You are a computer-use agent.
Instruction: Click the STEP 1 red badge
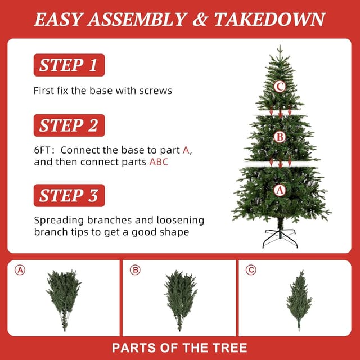pyautogui.click(x=69, y=65)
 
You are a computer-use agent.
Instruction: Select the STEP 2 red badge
pyautogui.click(x=69, y=125)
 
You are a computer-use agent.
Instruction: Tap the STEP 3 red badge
pyautogui.click(x=69, y=195)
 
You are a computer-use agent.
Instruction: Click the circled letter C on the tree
pyautogui.click(x=280, y=87)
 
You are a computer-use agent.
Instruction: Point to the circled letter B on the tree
pyautogui.click(x=280, y=137)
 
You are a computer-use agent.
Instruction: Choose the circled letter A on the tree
pyautogui.click(x=280, y=190)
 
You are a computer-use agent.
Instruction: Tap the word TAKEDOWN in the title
pyautogui.click(x=269, y=20)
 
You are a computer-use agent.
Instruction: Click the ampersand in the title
pyautogui.click(x=201, y=20)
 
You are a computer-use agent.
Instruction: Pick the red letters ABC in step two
pyautogui.click(x=159, y=162)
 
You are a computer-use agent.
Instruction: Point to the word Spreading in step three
pyautogui.click(x=58, y=221)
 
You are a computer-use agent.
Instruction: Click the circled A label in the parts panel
pyautogui.click(x=20, y=270)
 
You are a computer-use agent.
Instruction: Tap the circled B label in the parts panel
pyautogui.click(x=135, y=270)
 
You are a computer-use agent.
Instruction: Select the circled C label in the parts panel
pyautogui.click(x=251, y=270)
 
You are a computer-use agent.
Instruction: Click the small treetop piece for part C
pyautogui.click(x=299, y=300)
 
